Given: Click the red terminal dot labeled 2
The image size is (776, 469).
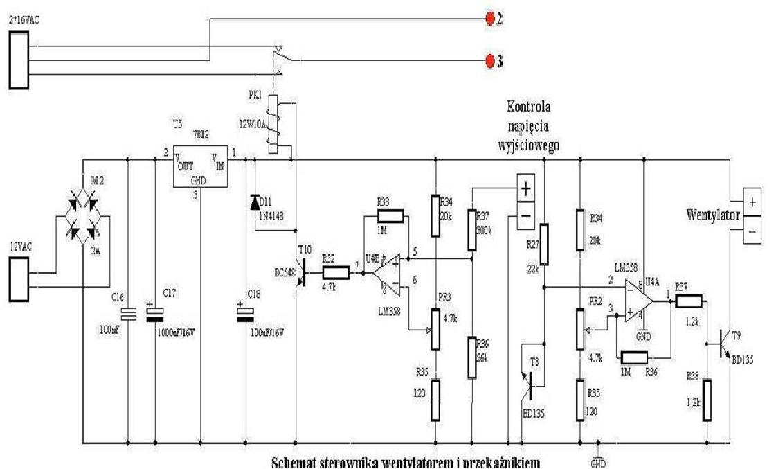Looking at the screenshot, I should (x=490, y=19).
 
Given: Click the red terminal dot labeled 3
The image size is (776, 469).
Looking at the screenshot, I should (x=490, y=61).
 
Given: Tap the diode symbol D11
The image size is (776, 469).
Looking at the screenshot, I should (x=254, y=202).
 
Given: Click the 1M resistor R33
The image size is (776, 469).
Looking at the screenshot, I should (x=384, y=218).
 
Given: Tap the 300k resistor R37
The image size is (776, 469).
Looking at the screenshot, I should (x=473, y=227).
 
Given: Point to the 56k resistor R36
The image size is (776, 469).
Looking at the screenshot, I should (x=471, y=357).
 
